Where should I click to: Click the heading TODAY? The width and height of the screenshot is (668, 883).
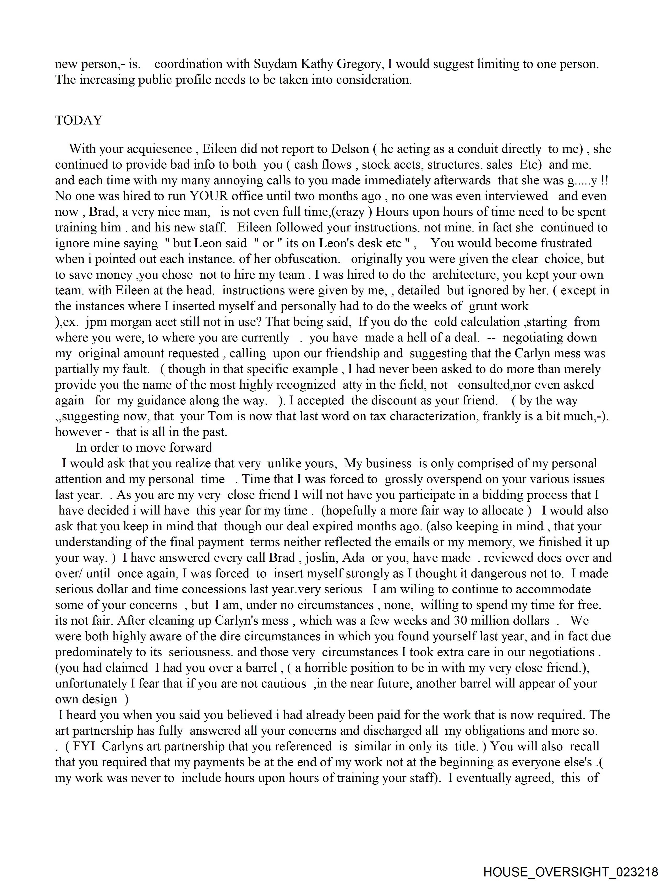(x=79, y=120)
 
